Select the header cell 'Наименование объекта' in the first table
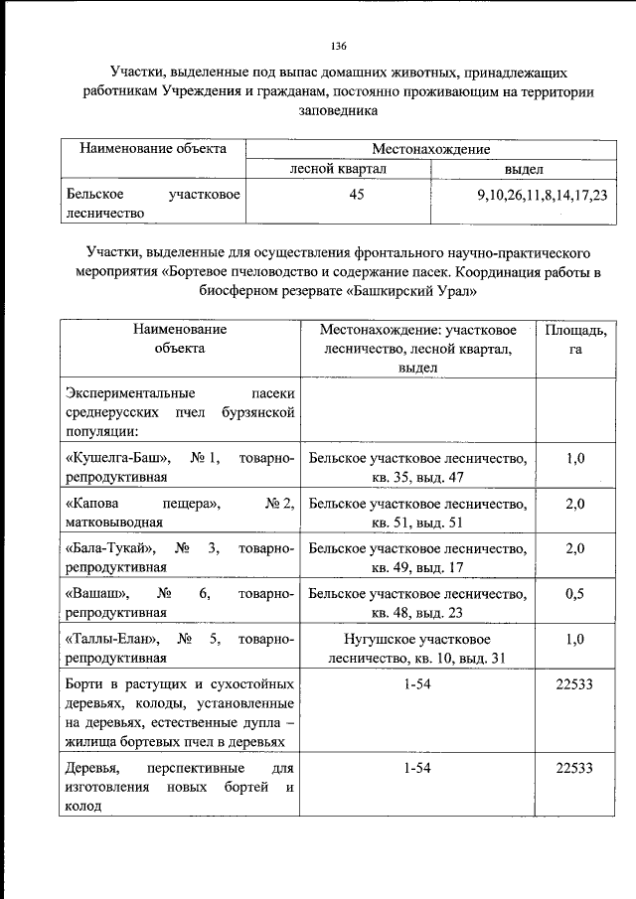tap(153, 149)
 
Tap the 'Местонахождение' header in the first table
tap(430, 149)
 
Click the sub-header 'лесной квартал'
tap(337, 169)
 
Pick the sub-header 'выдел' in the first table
tap(523, 169)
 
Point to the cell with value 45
tap(337, 195)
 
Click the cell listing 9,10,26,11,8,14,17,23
tap(542, 195)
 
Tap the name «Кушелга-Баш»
tap(114, 458)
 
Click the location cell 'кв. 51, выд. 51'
tap(417, 522)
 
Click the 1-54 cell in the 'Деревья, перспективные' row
tap(417, 767)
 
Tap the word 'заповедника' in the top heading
tap(338, 111)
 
